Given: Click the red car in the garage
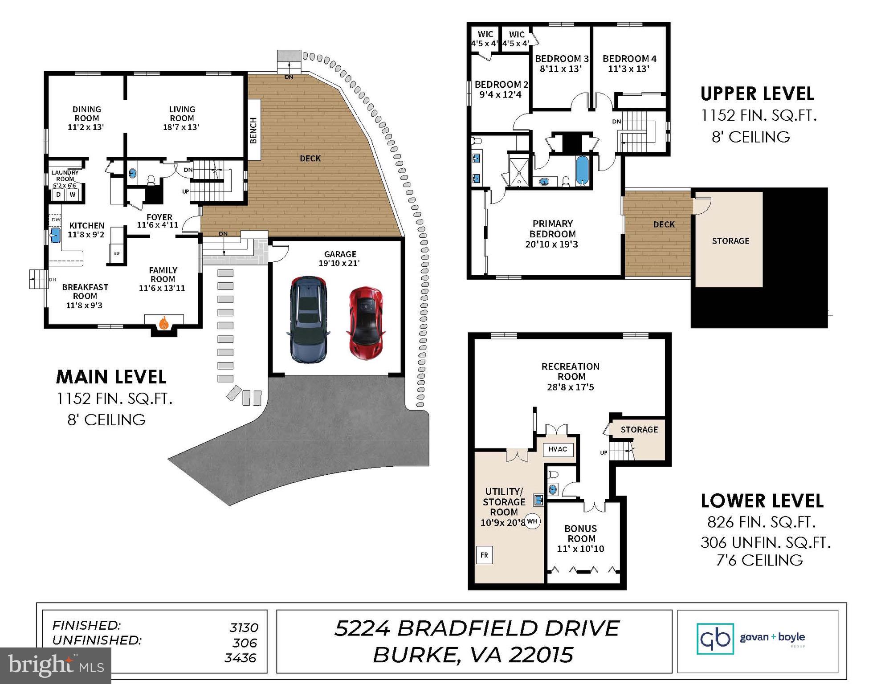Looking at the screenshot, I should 366,322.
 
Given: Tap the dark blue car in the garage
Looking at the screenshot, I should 308,319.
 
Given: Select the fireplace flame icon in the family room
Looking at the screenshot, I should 164,322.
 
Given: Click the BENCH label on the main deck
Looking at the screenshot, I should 253,130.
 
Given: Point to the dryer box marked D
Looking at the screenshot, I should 58,195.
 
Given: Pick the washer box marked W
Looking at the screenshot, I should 73,195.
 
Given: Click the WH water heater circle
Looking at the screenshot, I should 532,521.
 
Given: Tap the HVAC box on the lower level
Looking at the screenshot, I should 558,449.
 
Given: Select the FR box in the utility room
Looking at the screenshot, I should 484,555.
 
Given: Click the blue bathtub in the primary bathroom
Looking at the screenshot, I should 582,170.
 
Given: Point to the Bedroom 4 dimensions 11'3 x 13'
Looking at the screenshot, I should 628,69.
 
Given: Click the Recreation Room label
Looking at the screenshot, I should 571,371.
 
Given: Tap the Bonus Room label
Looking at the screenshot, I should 580,533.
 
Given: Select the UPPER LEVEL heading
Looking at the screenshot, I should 757,94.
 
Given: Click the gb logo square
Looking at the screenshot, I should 715,639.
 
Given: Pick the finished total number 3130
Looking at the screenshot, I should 244,627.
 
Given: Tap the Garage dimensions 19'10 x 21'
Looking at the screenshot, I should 339,263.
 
